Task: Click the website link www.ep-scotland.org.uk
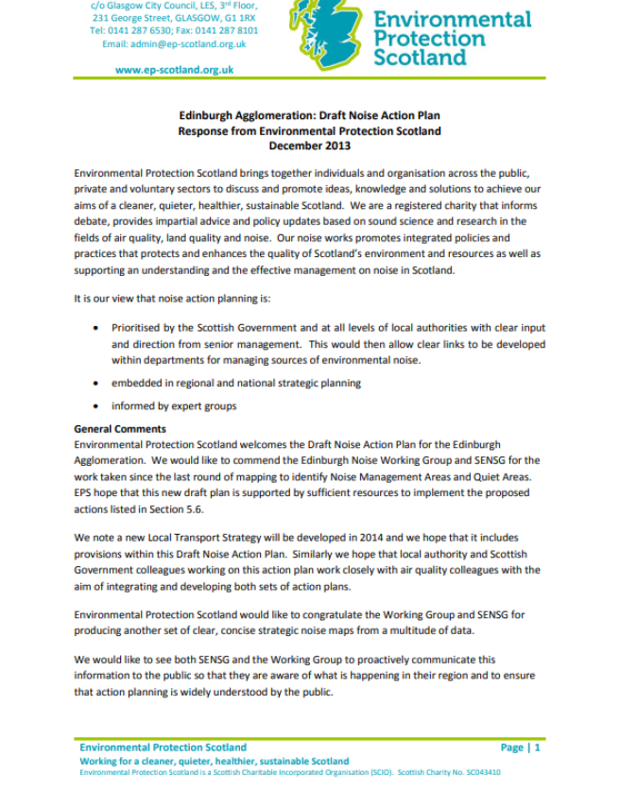pyautogui.click(x=175, y=70)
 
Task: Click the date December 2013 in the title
pyautogui.click(x=309, y=146)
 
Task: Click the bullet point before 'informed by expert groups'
pyautogui.click(x=96, y=406)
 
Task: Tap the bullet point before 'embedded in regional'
pyautogui.click(x=96, y=383)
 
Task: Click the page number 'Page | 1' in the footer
pyautogui.click(x=520, y=747)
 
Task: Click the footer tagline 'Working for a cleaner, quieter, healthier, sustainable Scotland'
pyautogui.click(x=214, y=761)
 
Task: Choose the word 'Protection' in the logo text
pyautogui.click(x=429, y=39)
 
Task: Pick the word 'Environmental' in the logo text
pyautogui.click(x=452, y=19)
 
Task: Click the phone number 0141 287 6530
pyautogui.click(x=136, y=30)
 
